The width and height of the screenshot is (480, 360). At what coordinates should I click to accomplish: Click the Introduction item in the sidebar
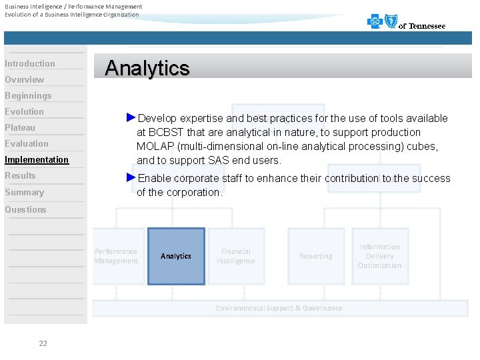[x=30, y=63]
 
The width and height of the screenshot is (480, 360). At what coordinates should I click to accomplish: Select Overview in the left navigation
[x=25, y=79]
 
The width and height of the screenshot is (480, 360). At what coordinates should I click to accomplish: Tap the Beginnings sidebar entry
[x=28, y=95]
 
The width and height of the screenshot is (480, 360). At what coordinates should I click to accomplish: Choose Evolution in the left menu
[x=25, y=111]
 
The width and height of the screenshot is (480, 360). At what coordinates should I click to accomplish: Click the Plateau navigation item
[x=20, y=127]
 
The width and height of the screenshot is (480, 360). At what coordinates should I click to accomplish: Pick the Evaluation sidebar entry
[x=27, y=143]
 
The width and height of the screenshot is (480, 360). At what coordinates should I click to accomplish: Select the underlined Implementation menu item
[x=37, y=159]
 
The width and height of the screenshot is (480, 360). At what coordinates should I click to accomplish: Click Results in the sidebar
[x=20, y=175]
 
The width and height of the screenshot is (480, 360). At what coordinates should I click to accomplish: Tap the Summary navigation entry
[x=25, y=192]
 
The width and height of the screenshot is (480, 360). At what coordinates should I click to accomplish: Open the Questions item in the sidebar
[x=26, y=209]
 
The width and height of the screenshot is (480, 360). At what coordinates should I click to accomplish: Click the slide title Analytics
[x=147, y=68]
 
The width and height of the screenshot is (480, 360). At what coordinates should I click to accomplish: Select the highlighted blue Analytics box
[x=176, y=256]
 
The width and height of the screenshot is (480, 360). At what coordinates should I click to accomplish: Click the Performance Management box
[x=116, y=256]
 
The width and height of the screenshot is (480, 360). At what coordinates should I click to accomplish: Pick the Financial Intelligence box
[x=236, y=256]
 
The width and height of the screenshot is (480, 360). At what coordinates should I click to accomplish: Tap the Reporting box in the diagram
[x=315, y=256]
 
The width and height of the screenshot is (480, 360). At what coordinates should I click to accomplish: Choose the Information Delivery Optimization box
[x=379, y=256]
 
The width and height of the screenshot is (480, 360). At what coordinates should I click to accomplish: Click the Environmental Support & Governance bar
[x=279, y=308]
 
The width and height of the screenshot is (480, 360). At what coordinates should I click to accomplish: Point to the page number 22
[x=43, y=343]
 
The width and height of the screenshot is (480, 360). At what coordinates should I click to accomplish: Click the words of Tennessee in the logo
[x=422, y=26]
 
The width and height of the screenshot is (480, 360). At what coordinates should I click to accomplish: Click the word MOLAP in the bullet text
[x=153, y=146]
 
